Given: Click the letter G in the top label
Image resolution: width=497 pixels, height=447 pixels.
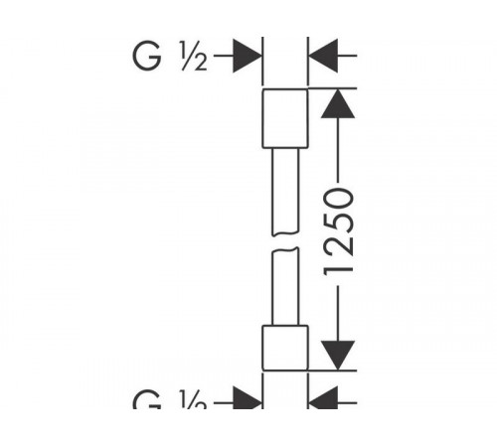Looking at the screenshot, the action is point(147,56).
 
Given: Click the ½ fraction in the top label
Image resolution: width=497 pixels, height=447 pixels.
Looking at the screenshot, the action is point(194,56).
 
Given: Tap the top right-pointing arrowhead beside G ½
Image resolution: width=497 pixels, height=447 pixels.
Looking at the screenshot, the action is point(248,56).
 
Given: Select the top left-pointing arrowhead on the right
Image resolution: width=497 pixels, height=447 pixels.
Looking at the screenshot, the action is point(323,56).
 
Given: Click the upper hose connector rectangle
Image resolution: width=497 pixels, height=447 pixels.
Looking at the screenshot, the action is point(285,118).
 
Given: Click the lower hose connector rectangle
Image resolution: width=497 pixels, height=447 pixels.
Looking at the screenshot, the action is point(285,348).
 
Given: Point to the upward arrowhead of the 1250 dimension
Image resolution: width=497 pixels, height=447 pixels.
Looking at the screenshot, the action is point(338,103).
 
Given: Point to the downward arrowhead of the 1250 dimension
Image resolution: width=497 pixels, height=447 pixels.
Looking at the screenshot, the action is point(338,356).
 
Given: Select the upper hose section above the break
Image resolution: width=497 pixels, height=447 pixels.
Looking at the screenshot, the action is point(285,192).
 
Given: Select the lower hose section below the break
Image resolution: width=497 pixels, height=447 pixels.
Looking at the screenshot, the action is point(285,286).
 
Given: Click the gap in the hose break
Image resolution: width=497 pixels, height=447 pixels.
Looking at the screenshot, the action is point(285,242).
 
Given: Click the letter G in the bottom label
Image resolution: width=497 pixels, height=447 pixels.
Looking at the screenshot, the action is point(147,400).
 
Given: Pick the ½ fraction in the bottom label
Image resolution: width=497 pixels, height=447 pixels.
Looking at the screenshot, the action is point(194,399).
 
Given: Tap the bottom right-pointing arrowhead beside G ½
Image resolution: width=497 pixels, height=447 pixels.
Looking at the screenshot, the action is point(248,398).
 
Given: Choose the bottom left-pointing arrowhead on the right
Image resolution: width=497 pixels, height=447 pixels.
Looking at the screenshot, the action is point(323,398).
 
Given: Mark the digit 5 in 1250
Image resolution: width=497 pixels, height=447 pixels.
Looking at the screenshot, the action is point(338,224).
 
